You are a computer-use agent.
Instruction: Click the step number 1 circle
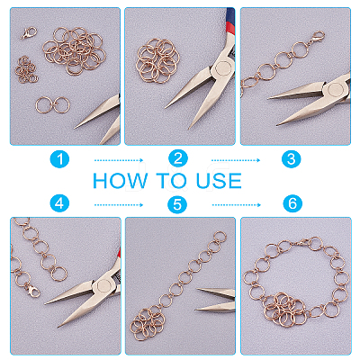(59, 158)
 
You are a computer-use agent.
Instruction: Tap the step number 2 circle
(178, 158)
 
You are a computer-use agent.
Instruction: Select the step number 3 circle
(292, 158)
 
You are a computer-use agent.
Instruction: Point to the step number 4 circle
(59, 203)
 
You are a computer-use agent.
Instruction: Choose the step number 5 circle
(177, 204)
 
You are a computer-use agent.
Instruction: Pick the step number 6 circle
(292, 203)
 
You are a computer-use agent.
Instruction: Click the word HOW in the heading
(120, 181)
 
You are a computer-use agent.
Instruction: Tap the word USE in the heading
(219, 181)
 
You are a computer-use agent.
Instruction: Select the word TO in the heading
(172, 181)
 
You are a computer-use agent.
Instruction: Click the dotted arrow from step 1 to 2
(119, 160)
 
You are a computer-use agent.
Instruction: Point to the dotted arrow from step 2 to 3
(236, 160)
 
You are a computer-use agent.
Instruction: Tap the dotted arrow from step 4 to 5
(119, 205)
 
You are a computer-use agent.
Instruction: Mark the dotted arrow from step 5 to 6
(237, 205)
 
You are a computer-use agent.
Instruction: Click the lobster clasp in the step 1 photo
(29, 32)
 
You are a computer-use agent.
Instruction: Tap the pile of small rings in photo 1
(26, 70)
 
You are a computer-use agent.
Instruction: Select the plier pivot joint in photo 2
(223, 67)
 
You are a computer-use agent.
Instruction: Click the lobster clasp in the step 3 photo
(317, 38)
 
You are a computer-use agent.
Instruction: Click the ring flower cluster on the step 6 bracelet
(284, 309)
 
